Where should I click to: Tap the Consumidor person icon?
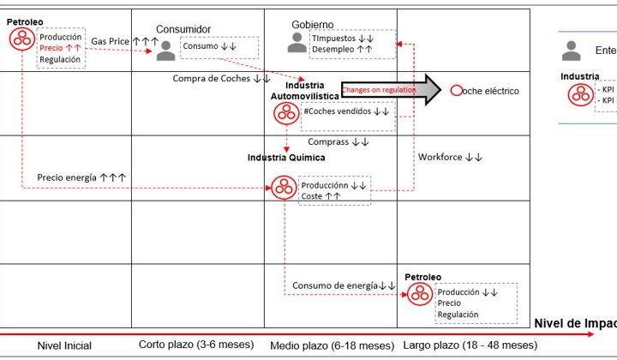[x=166, y=51]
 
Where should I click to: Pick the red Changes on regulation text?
[x=379, y=89]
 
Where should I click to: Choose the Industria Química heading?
[x=286, y=158]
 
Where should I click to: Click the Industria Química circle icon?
[x=284, y=187]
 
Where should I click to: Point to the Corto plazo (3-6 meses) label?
[x=196, y=345]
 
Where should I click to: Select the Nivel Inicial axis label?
[x=64, y=345]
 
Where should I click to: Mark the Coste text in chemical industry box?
[x=312, y=196]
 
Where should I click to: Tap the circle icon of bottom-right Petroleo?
[x=419, y=293]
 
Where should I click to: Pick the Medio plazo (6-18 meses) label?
[x=331, y=345]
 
